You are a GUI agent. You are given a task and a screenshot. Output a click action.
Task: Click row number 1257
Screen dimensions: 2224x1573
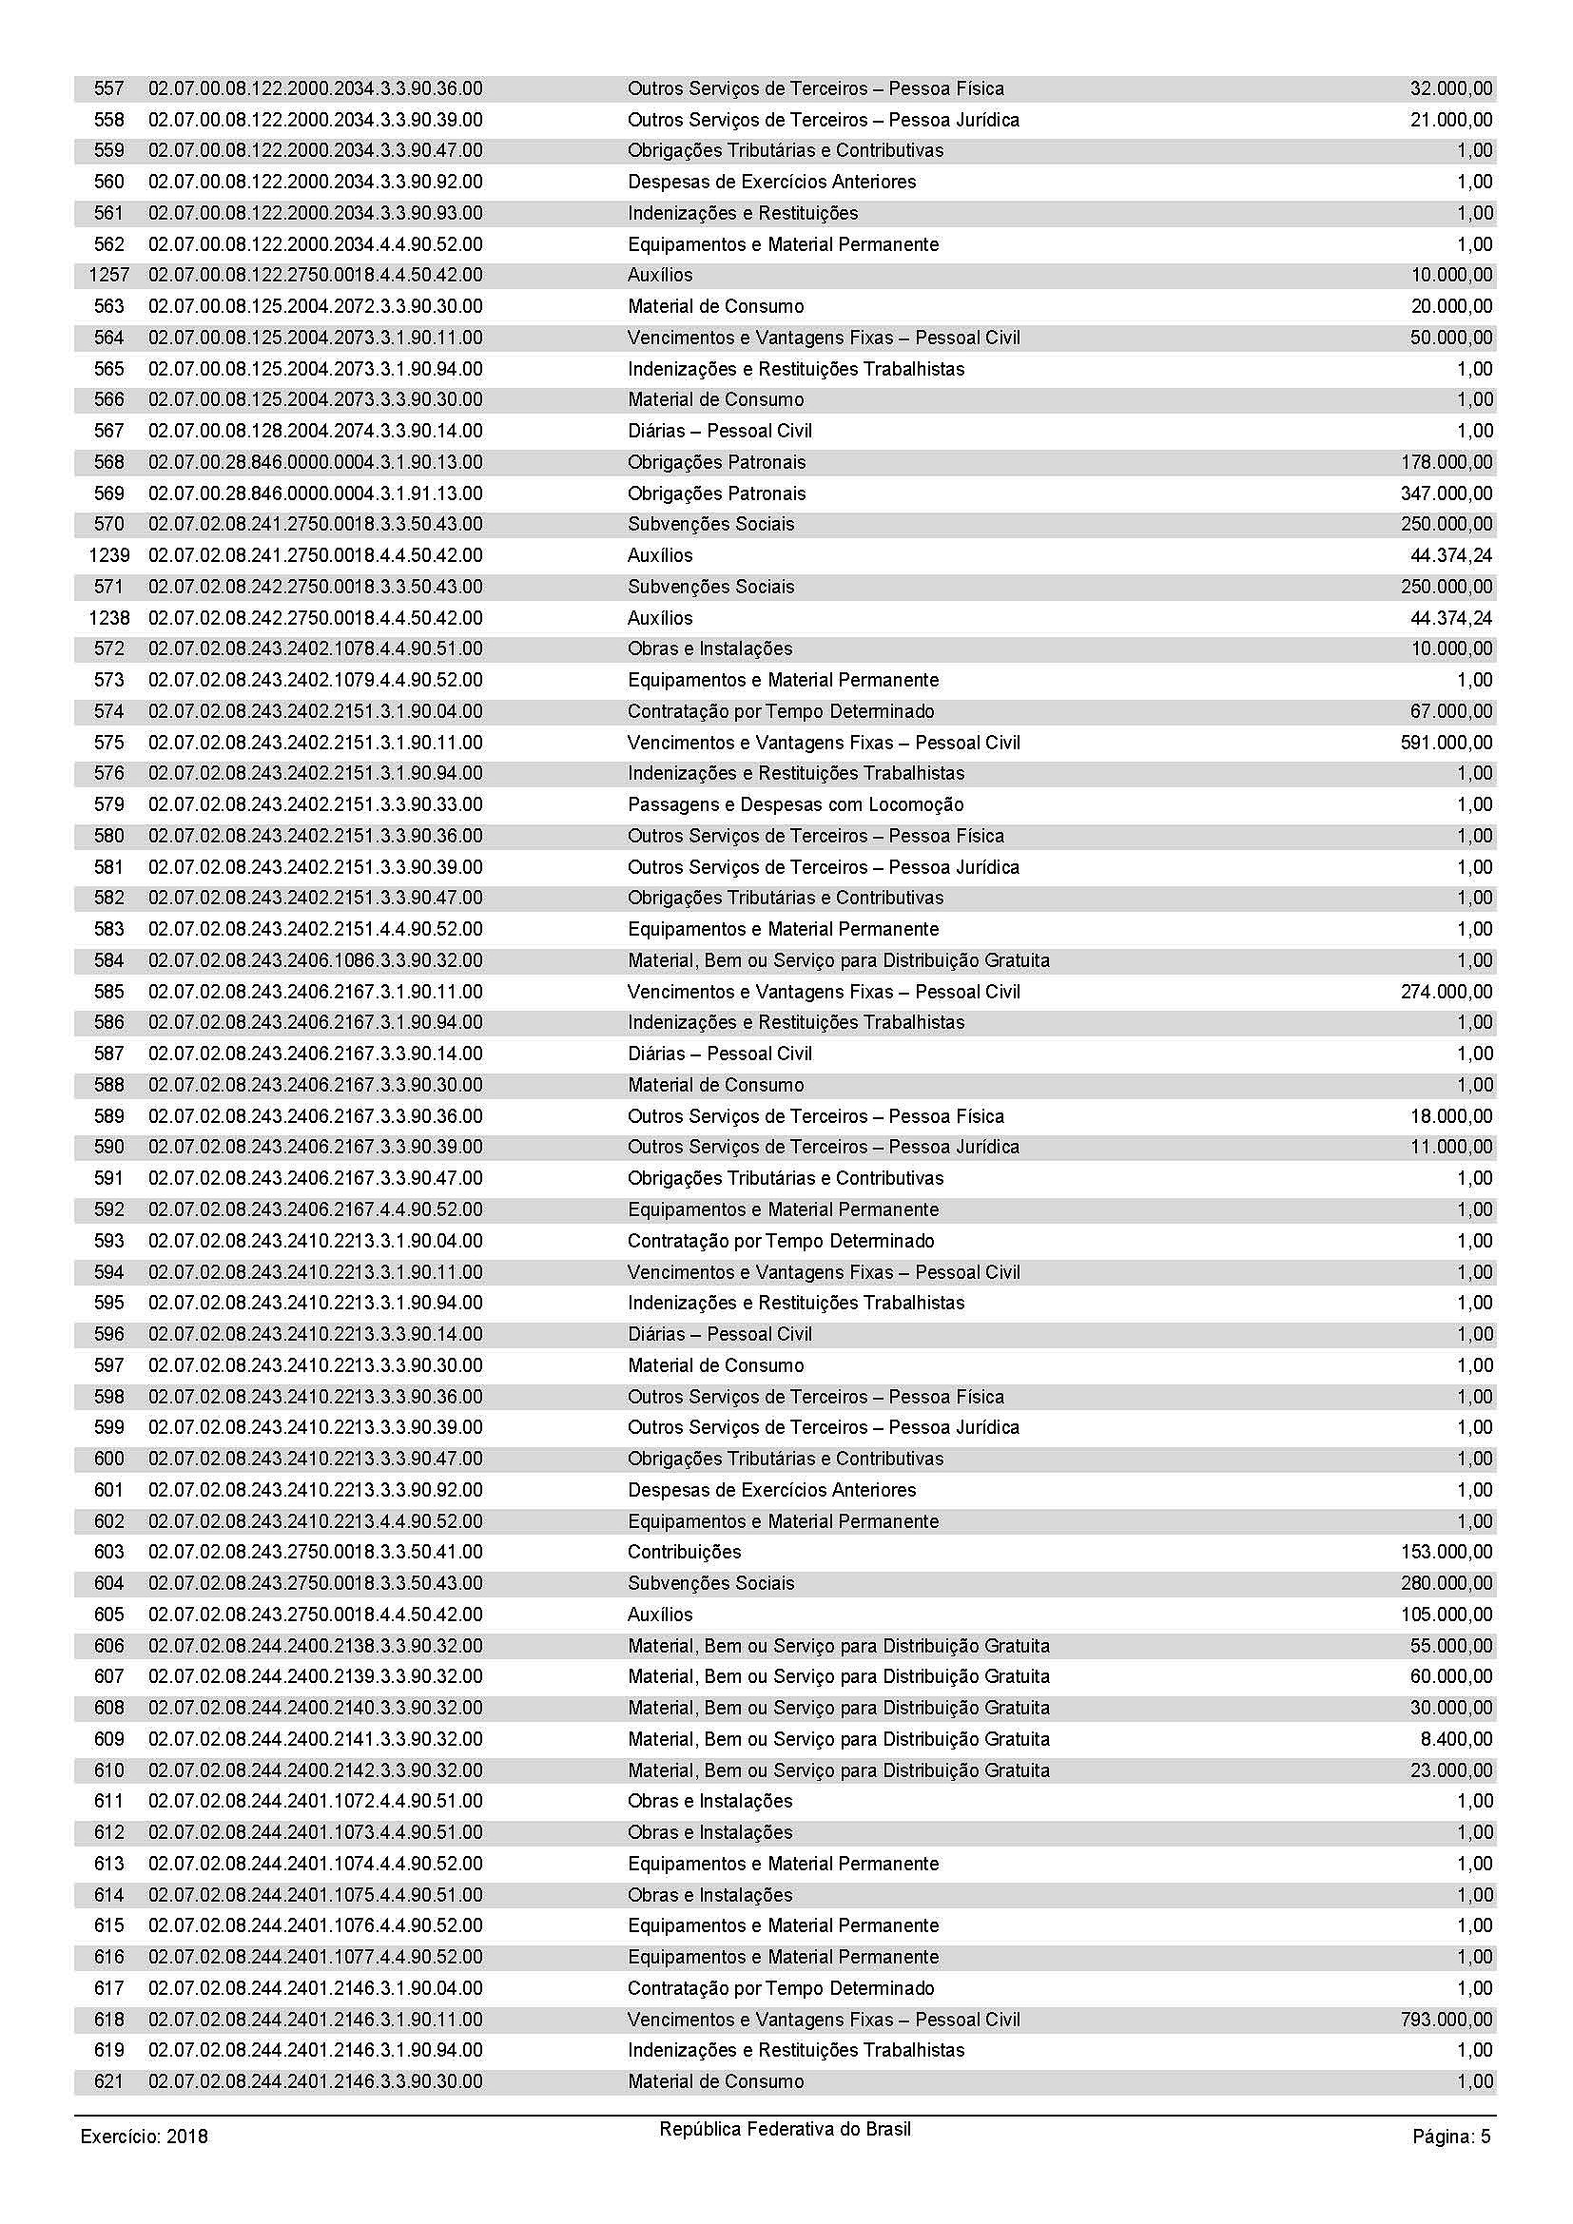(x=108, y=275)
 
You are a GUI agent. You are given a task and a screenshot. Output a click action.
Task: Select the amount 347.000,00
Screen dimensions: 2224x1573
(x=1447, y=493)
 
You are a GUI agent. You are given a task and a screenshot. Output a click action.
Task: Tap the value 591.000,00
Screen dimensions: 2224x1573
(x=1447, y=742)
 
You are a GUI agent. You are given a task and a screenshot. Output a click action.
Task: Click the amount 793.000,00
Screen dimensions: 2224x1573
(x=1447, y=2020)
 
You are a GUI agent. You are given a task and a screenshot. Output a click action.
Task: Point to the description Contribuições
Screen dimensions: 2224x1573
(x=684, y=1552)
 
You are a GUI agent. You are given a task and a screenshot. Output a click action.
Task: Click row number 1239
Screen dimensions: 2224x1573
(x=108, y=555)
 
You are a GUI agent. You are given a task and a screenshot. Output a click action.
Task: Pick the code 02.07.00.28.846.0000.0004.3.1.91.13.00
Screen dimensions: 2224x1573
(x=315, y=493)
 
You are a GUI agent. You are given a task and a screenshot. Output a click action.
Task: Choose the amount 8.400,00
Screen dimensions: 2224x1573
(x=1456, y=1739)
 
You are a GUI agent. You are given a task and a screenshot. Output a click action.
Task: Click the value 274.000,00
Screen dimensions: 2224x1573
(x=1447, y=991)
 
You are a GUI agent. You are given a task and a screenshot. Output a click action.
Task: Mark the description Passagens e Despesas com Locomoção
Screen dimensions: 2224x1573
(x=795, y=804)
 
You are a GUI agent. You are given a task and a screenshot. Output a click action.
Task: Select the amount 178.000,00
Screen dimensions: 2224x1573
(x=1447, y=462)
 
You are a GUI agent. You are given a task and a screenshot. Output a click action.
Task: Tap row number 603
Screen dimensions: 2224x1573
(x=109, y=1552)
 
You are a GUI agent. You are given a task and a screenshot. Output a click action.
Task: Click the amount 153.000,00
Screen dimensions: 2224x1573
(x=1447, y=1552)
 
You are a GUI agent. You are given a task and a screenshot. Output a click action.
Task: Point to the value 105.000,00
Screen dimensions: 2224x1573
(x=1447, y=1614)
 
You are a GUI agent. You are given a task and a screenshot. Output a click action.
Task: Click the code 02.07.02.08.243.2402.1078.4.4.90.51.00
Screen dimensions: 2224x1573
(x=315, y=648)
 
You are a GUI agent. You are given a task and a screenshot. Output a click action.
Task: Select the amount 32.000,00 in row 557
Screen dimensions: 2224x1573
(x=1451, y=88)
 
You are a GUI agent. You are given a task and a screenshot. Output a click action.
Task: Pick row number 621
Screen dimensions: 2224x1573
(x=109, y=2081)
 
